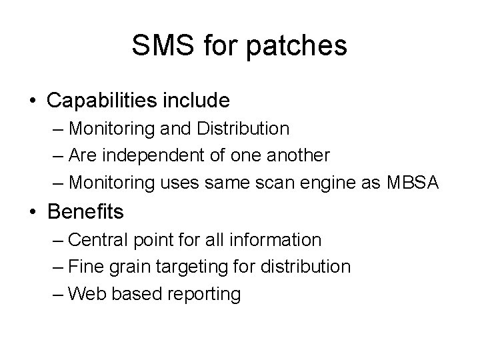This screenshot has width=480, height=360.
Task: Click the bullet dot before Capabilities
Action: point(33,101)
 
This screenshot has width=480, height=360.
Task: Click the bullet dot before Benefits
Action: point(33,212)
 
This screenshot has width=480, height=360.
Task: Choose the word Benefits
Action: point(85,212)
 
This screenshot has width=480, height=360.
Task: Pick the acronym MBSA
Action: point(413,182)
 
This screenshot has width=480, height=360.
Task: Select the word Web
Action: point(85,293)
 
